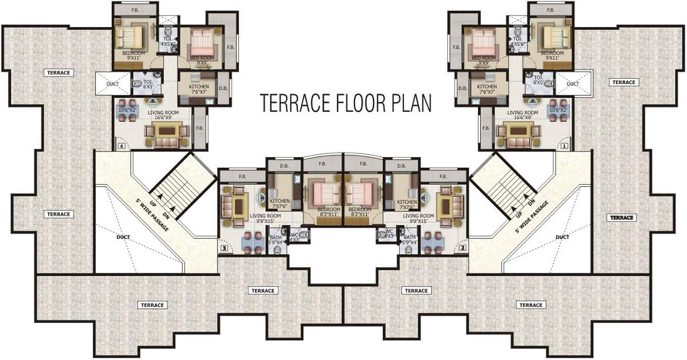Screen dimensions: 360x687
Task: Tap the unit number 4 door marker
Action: click(121, 146)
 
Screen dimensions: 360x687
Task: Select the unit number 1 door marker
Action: click(564, 146)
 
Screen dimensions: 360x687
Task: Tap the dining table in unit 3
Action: click(252, 243)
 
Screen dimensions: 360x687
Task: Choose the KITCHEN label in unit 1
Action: click(486, 87)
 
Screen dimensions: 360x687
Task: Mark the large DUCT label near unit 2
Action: click(562, 237)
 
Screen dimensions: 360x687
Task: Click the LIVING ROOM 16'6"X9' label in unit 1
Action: click(522, 115)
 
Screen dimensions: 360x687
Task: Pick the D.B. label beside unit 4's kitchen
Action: click(223, 87)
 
